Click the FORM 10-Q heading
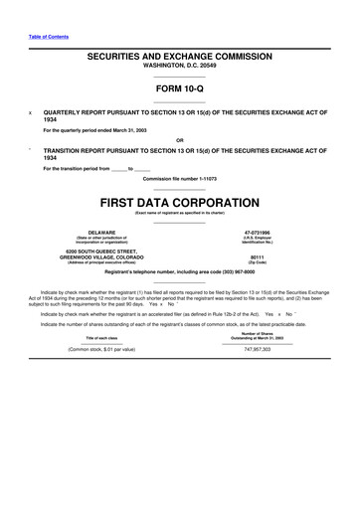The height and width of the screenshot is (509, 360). pyautogui.click(x=179, y=88)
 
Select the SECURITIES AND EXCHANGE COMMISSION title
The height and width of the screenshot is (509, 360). pyautogui.click(x=179, y=59)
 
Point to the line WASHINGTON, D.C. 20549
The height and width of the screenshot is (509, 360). pyautogui.click(x=179, y=68)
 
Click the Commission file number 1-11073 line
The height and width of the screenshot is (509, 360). pyautogui.click(x=179, y=178)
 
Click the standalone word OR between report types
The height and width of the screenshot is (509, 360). pyautogui.click(x=179, y=139)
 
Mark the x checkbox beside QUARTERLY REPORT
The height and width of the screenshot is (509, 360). pyautogui.click(x=31, y=113)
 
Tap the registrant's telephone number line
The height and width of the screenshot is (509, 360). pyautogui.click(x=179, y=271)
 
